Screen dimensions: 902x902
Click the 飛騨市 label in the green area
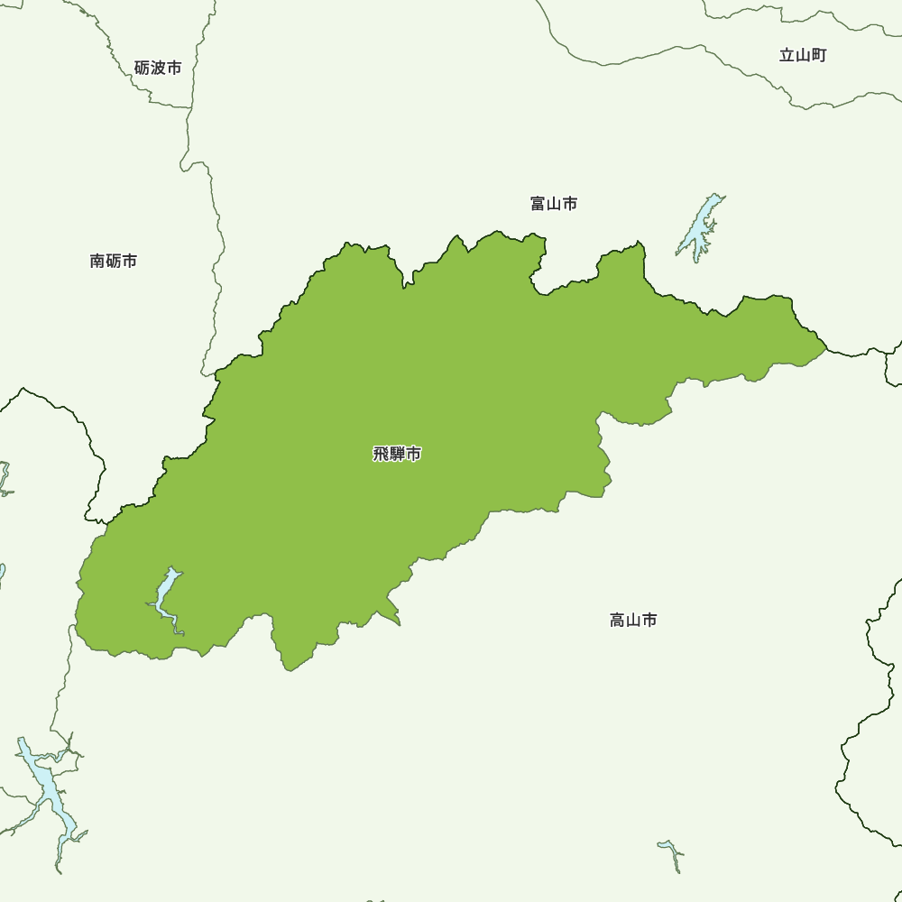coord(397,454)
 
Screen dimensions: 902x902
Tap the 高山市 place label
coord(633,620)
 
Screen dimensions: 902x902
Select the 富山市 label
coord(554,204)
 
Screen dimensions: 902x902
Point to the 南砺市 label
coord(114,261)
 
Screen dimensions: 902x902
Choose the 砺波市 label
coord(158,68)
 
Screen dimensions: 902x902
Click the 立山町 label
coord(803,55)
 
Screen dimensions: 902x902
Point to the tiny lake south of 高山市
coord(671,851)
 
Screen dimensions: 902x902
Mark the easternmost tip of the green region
coord(826,346)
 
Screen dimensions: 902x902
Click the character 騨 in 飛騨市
coord(397,454)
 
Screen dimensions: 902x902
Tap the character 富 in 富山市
coord(538,204)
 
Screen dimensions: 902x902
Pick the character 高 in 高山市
coord(618,620)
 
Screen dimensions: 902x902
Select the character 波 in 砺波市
coord(158,68)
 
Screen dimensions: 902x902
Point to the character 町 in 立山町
coord(818,55)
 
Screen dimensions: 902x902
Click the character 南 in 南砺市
coord(98,261)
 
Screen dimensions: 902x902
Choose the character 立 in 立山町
coord(787,55)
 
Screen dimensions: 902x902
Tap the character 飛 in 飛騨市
coord(381,454)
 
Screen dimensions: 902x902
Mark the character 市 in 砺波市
coord(174,68)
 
